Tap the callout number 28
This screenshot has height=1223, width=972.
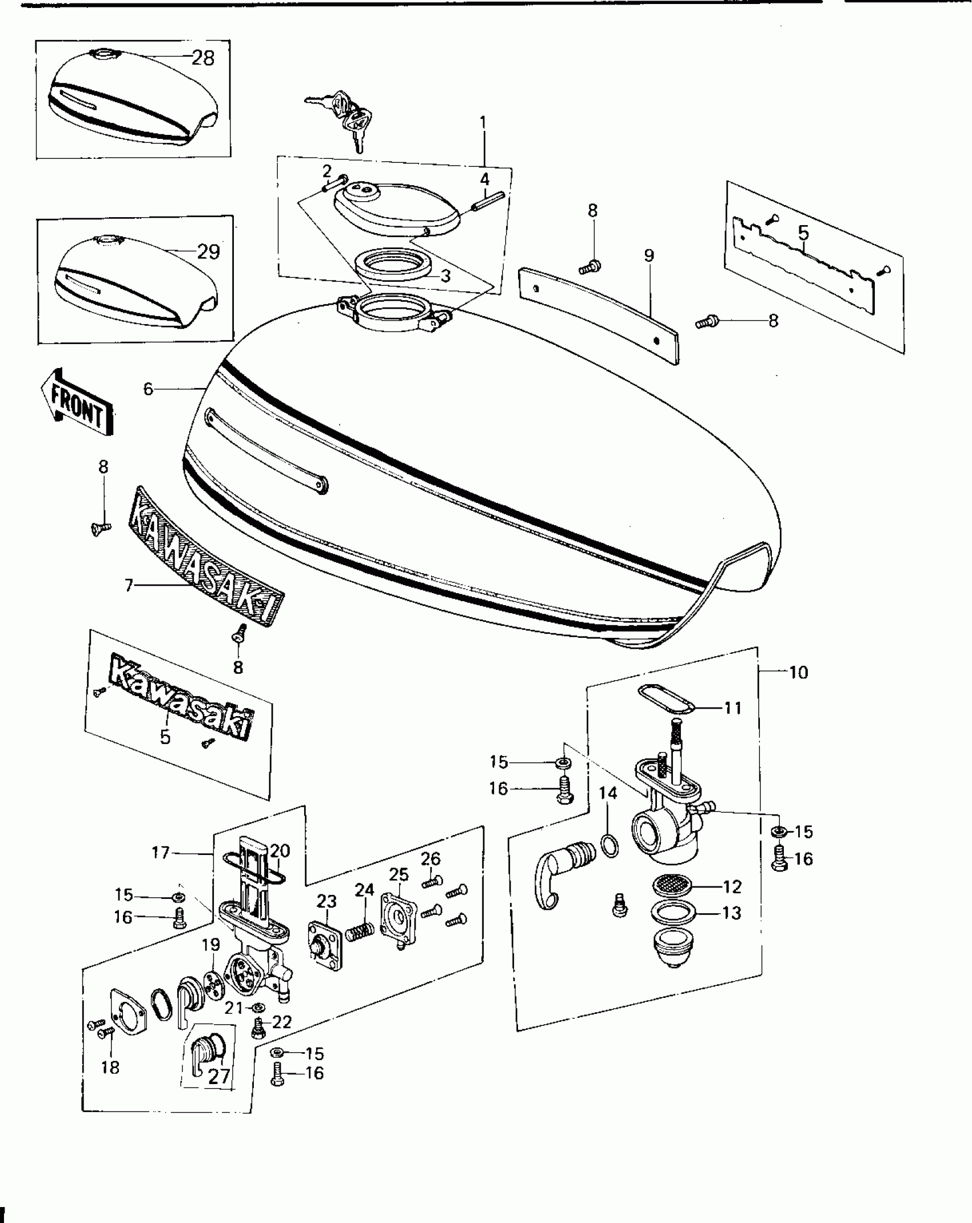pos(203,58)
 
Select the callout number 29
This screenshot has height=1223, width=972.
pos(208,251)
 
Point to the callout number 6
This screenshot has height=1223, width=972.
pos(148,389)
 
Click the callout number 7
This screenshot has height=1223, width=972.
pos(129,585)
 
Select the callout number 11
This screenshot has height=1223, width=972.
pos(732,708)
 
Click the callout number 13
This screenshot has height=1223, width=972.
pos(732,913)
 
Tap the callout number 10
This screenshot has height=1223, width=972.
pos(798,672)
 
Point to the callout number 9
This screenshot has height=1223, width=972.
pos(648,255)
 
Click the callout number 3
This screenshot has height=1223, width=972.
pos(446,276)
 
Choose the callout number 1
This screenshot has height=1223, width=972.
pos(483,122)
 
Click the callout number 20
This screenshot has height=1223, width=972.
pos(280,851)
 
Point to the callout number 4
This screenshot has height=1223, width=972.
pos(485,179)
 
